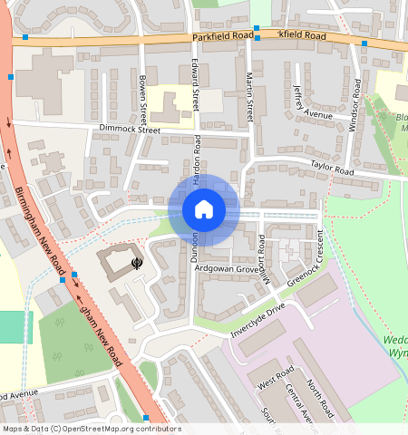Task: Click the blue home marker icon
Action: tap(204, 210)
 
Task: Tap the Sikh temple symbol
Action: tap(136, 264)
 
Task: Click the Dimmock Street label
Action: tap(130, 130)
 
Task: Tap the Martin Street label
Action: tap(250, 98)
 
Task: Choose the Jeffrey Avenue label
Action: tap(313, 101)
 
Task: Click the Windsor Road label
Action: tap(355, 105)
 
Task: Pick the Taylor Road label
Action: tap(332, 169)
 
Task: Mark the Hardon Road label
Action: tap(197, 157)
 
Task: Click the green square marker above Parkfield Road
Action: tap(257, 26)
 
